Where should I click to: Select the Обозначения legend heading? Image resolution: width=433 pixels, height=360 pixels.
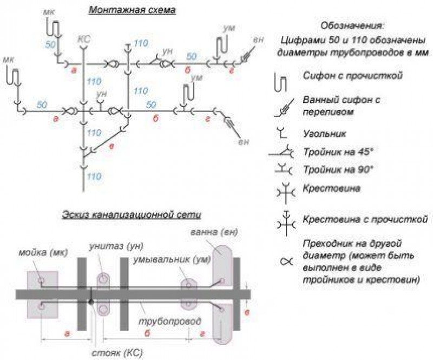pos(352,25)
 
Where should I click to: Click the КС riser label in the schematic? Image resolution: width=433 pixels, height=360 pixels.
pos(83,39)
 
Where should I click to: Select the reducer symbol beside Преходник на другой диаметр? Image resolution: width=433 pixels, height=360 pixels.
pos(284,263)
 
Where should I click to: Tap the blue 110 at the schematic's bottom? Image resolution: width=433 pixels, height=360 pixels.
pos(95,176)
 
